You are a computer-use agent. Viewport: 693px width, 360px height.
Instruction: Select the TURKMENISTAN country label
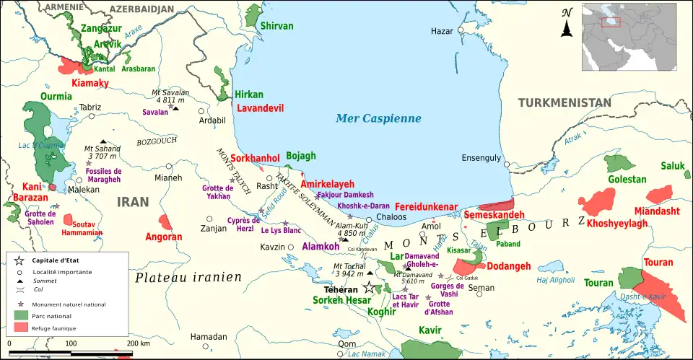click(x=565, y=103)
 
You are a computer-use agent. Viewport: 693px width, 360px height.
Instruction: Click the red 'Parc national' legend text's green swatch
click(x=20, y=315)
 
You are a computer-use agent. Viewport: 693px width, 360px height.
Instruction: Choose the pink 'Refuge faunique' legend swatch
click(x=20, y=328)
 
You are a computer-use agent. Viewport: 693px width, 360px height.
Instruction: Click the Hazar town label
click(x=441, y=31)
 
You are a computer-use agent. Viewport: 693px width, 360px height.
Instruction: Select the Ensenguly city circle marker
click(x=507, y=164)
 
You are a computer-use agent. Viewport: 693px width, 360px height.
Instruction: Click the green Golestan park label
click(x=607, y=179)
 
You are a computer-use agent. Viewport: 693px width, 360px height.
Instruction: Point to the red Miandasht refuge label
click(x=657, y=211)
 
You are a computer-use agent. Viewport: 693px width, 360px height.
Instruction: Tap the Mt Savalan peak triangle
click(x=175, y=108)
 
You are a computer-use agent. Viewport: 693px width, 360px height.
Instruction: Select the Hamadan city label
click(x=209, y=337)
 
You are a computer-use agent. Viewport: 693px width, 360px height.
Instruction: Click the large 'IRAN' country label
click(x=134, y=203)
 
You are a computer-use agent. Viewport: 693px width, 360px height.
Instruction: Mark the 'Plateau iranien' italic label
click(x=188, y=277)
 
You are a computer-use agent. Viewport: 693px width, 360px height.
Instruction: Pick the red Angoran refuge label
click(x=164, y=237)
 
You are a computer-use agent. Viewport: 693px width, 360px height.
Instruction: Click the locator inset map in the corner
click(x=635, y=35)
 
